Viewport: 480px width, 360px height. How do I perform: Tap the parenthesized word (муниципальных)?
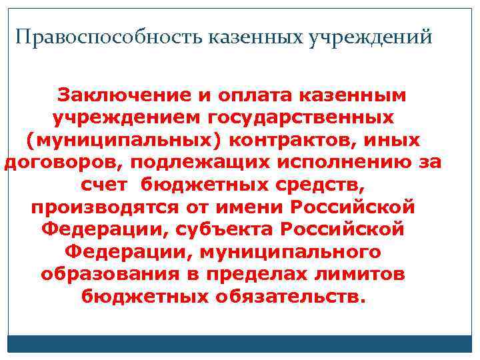click(125, 141)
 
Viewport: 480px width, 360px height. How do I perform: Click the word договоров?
click(63, 163)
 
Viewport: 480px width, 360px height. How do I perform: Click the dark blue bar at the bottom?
click(240, 343)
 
